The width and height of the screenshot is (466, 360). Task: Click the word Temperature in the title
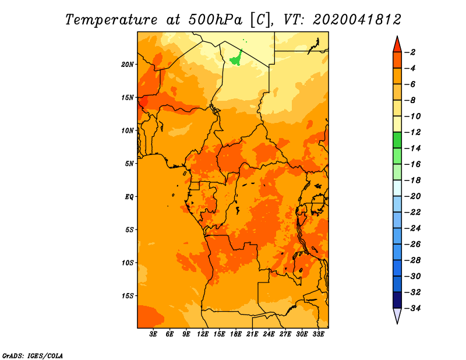[x=111, y=20]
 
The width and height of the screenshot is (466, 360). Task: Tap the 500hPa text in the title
[x=216, y=20]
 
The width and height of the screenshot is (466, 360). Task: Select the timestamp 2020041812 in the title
[x=357, y=20]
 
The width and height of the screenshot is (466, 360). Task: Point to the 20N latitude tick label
[x=128, y=65]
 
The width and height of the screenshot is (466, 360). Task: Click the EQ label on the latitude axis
[x=129, y=197]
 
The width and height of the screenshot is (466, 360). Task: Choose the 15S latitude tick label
[x=128, y=296]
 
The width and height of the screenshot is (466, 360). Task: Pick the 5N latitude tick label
[x=129, y=164]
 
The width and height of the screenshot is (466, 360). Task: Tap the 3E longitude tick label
[x=153, y=334]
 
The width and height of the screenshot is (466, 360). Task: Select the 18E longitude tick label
[x=236, y=334]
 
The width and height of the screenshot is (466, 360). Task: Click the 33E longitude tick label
[x=318, y=334]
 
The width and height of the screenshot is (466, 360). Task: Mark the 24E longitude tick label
[x=269, y=334]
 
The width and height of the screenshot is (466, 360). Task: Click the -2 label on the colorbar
[x=410, y=52]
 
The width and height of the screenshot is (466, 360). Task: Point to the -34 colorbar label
[x=412, y=308]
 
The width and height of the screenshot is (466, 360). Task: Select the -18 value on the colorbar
[x=412, y=181]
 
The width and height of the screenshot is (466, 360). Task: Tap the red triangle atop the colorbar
[x=397, y=45]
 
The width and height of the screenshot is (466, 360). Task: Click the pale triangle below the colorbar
[x=397, y=315]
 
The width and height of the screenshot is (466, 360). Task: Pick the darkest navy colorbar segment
[x=397, y=300]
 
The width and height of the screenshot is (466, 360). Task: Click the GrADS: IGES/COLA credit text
[x=33, y=356]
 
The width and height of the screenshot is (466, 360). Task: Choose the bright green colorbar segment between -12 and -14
[x=397, y=140]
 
